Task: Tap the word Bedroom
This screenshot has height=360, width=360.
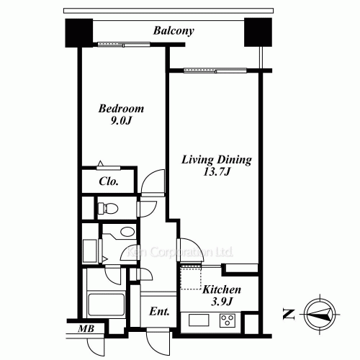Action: coord(121,109)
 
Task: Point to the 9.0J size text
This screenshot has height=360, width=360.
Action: coord(121,121)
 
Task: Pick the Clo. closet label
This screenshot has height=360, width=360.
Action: coord(109,181)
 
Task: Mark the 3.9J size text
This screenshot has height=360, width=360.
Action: coord(221,302)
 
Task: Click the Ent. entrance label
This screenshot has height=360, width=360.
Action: coord(159,312)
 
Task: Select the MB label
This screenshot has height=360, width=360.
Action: coord(86,330)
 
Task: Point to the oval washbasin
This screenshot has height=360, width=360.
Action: coord(127,232)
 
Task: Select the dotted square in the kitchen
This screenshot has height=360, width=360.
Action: coord(190,276)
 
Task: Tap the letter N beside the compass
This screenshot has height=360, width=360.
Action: coord(289,313)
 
